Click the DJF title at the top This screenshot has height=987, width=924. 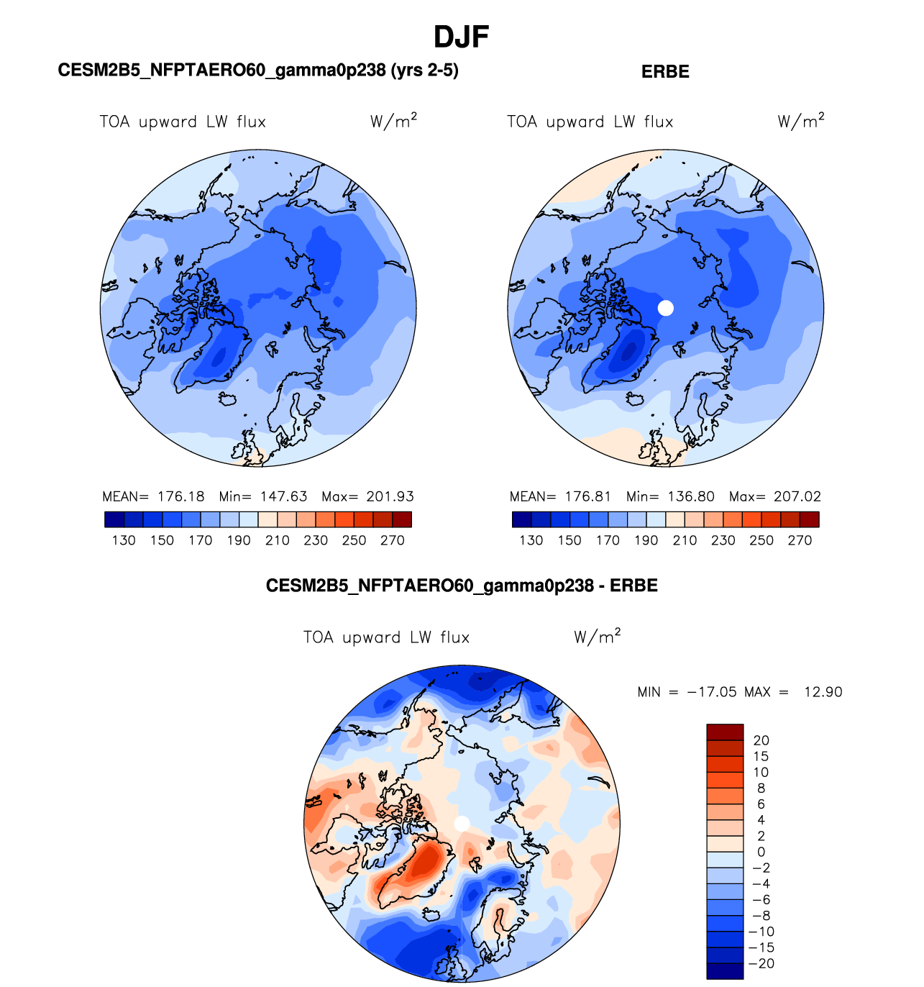pos(462,37)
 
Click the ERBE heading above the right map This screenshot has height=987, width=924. pos(665,72)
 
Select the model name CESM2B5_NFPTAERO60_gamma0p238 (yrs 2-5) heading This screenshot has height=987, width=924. pos(258,70)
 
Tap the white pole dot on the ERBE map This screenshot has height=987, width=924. pos(666,308)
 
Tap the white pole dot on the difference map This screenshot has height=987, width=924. pos(462,823)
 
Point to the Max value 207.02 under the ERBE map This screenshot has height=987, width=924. pos(797,496)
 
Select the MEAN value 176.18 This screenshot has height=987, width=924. pos(180,496)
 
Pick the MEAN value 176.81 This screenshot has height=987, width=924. pos(587,496)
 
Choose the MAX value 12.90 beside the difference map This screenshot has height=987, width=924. pos(823,692)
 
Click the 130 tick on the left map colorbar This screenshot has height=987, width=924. pos(124,540)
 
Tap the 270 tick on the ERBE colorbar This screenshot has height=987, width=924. pos(800,540)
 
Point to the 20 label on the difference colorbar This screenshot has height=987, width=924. pos(761,740)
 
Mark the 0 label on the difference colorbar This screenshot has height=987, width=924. pos(761,852)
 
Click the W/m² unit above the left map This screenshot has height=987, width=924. pos(393,121)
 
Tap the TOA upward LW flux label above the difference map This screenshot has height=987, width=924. pos(386,637)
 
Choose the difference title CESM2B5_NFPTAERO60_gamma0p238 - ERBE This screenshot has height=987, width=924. pos(462,586)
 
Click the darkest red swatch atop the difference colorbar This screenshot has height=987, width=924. pos(724,732)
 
